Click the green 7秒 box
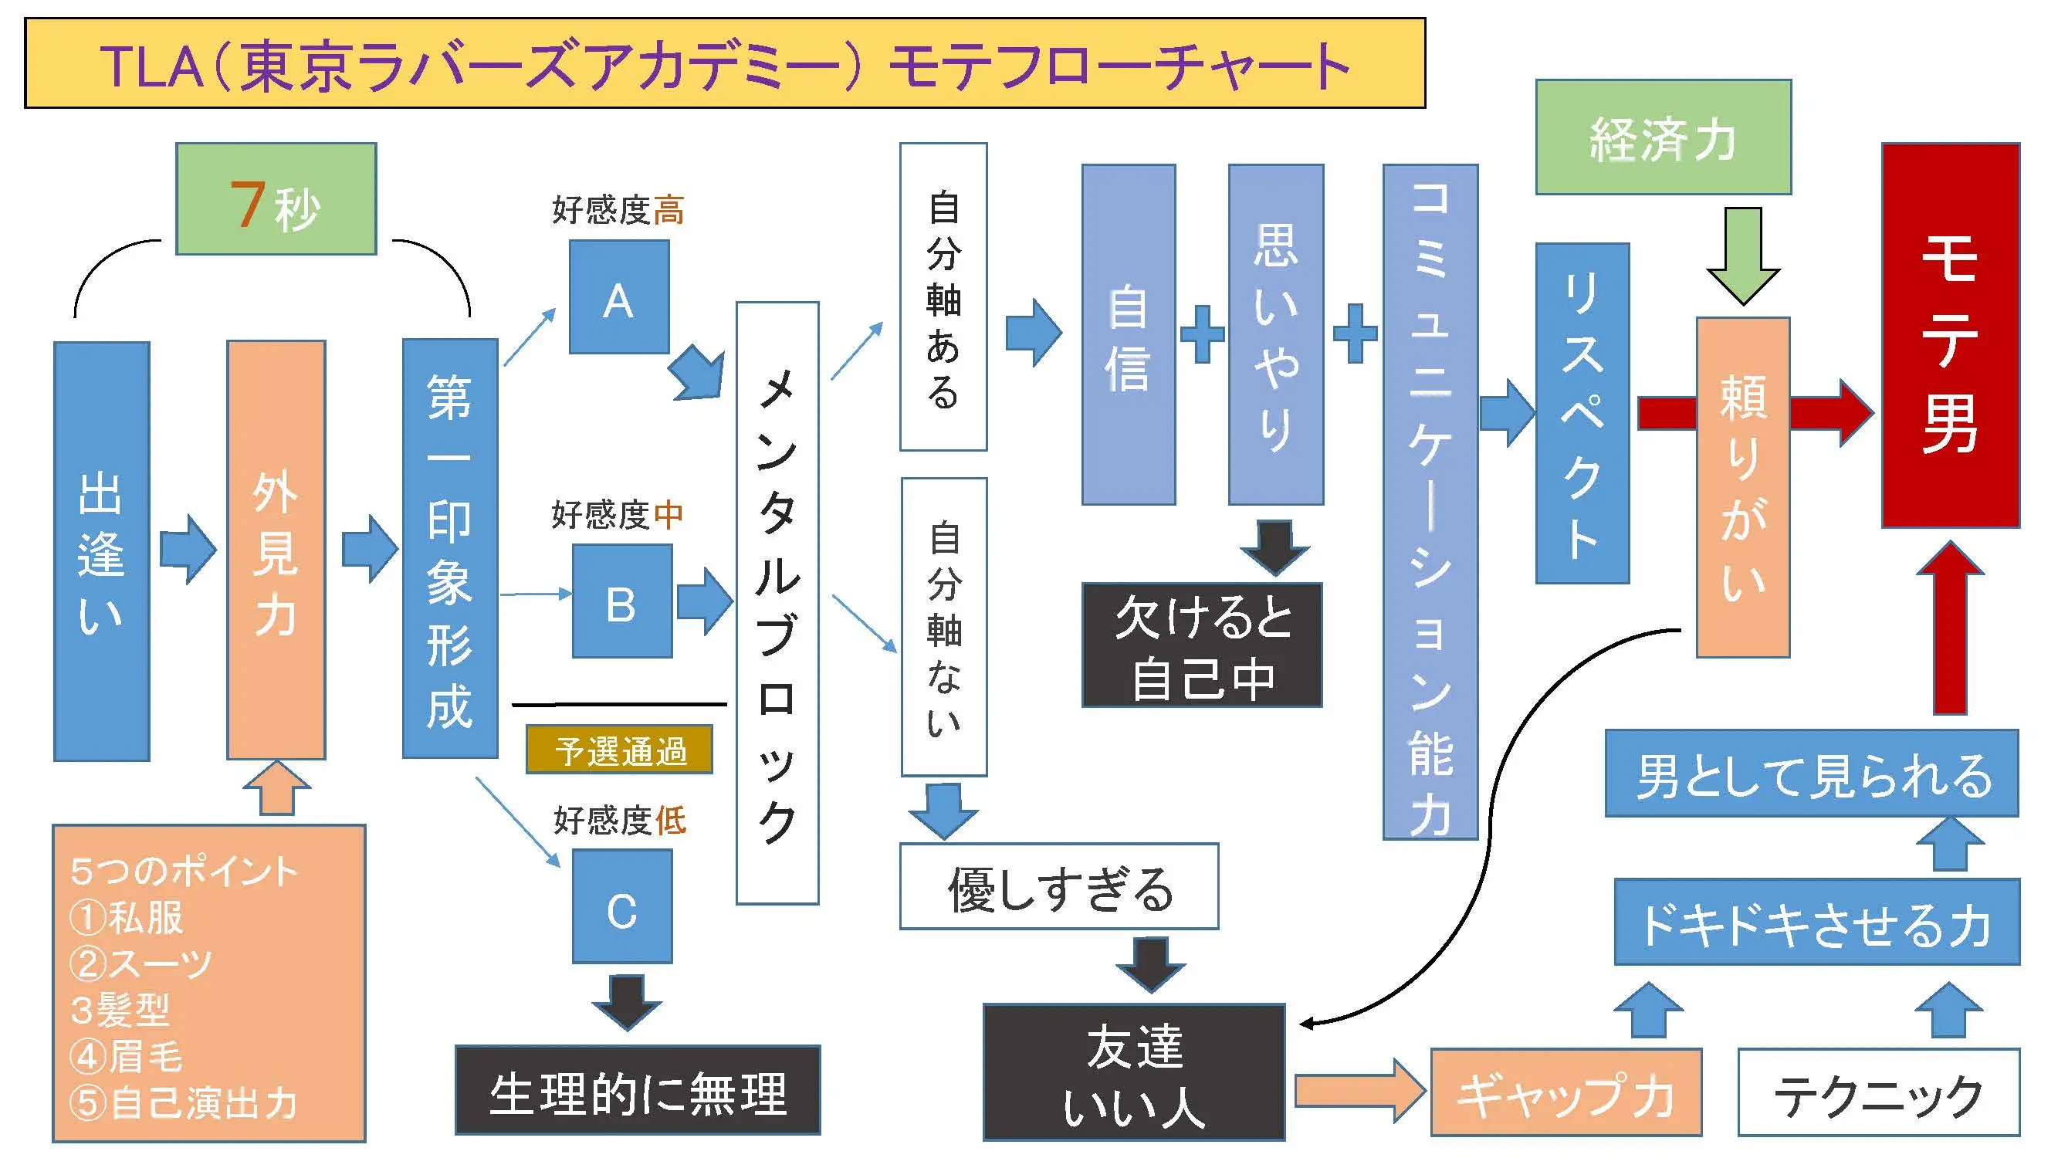tap(276, 199)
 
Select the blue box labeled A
tap(619, 297)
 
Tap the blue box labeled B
tap(621, 601)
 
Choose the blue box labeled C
tap(621, 906)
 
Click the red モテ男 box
tap(1950, 336)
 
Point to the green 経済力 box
tap(1663, 137)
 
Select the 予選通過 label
tap(619, 750)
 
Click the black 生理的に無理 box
tap(638, 1090)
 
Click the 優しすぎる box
tap(1058, 886)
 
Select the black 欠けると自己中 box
tap(1202, 645)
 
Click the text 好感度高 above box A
tap(618, 210)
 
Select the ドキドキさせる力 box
tap(1816, 923)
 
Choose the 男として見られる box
tap(1811, 774)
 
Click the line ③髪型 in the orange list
tap(120, 1009)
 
